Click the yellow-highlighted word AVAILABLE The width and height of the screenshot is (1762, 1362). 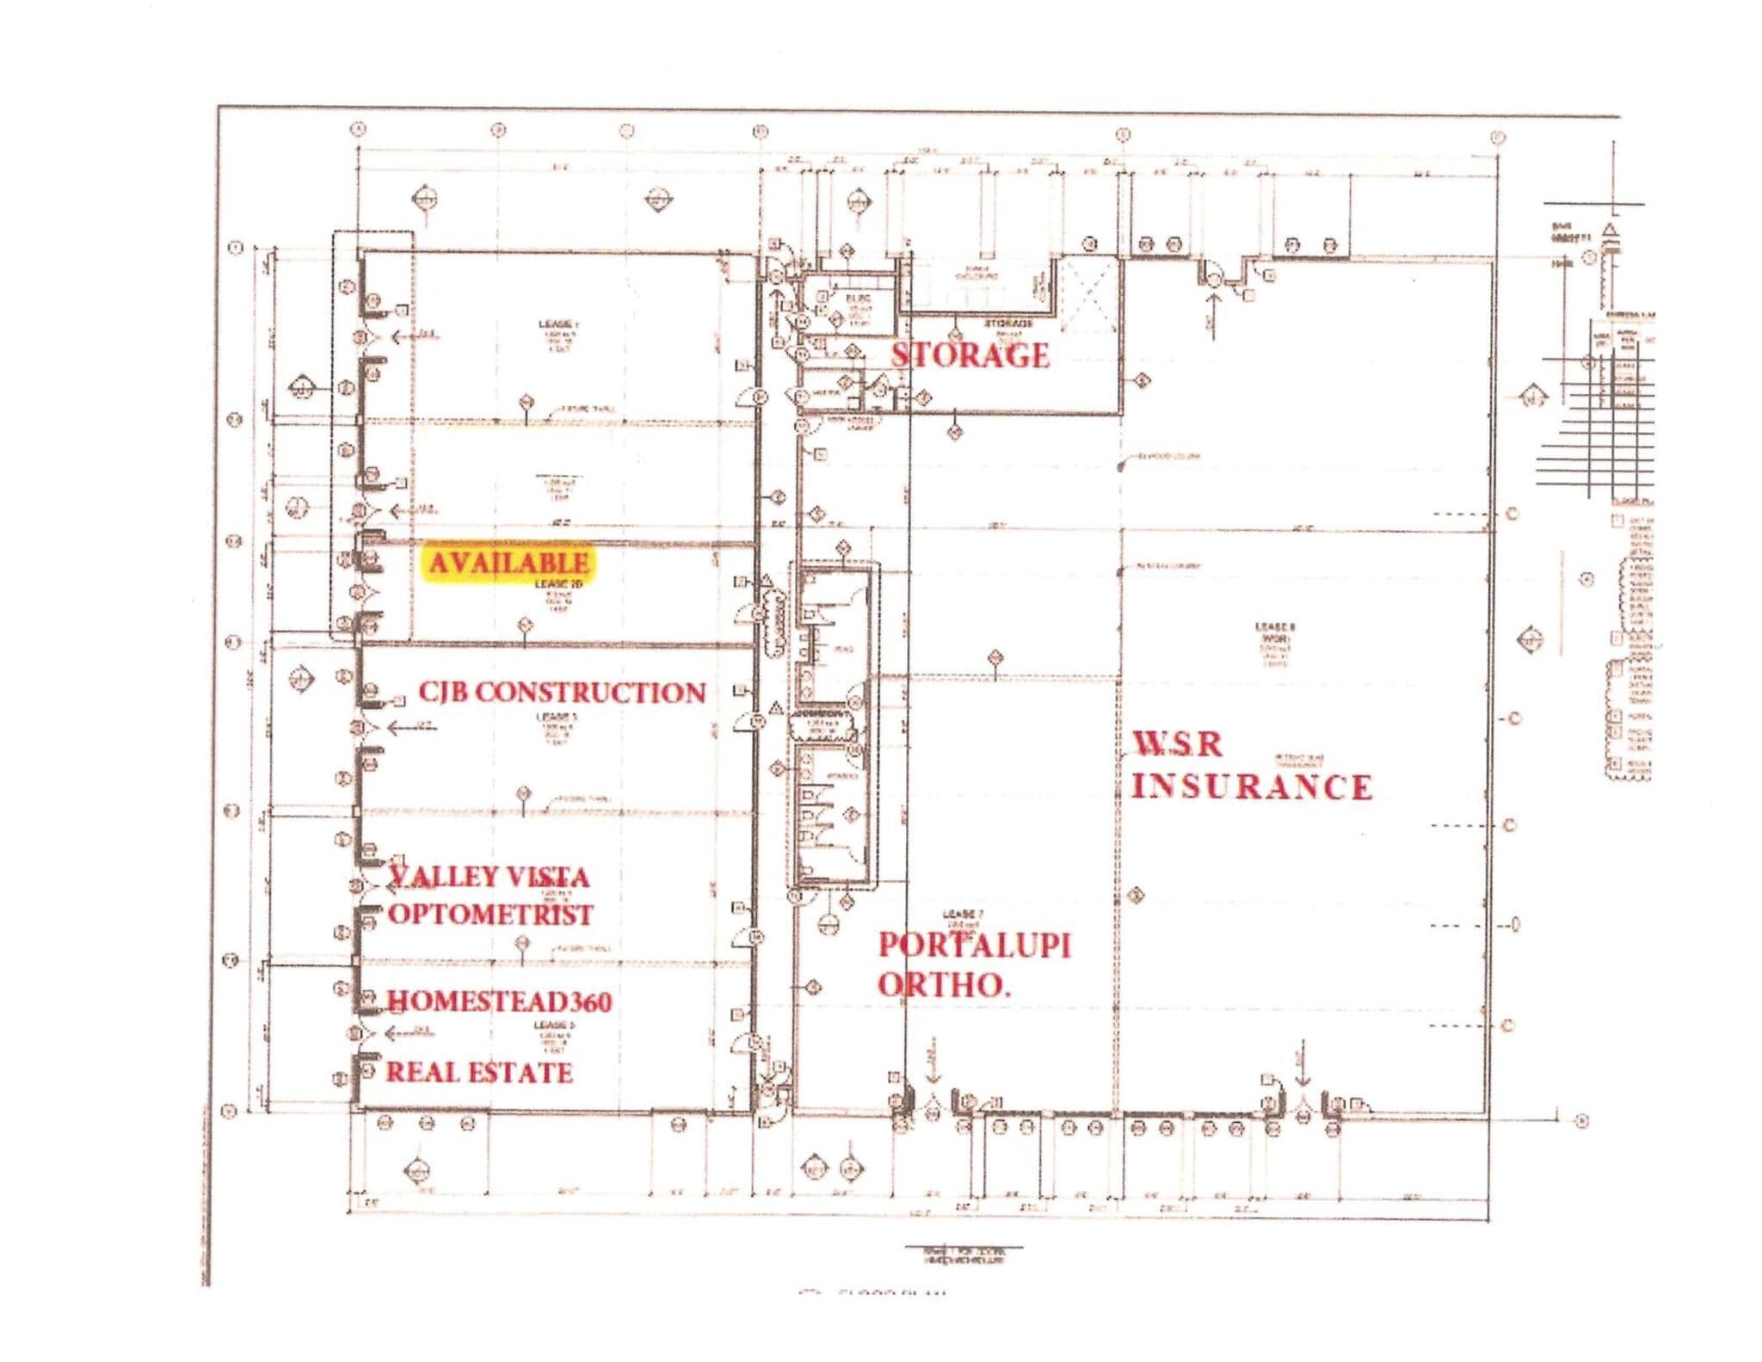tap(508, 564)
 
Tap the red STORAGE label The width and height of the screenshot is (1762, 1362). tap(970, 355)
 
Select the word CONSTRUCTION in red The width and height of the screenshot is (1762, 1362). tap(590, 693)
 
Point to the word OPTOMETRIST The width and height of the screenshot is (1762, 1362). tap(490, 914)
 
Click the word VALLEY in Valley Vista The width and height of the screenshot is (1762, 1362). tap(438, 877)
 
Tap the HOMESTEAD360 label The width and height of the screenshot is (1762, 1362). tap(500, 1001)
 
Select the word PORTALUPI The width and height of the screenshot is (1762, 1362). tap(974, 946)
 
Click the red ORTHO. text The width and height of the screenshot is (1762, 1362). tap(943, 985)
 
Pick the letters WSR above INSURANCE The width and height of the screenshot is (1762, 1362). tap(1177, 744)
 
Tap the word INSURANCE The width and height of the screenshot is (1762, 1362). tap(1251, 786)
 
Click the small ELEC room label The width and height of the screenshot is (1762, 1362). tap(858, 298)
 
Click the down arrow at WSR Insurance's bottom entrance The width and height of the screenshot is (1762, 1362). tap(1303, 1065)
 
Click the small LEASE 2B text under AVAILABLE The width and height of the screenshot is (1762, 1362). tap(558, 584)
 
